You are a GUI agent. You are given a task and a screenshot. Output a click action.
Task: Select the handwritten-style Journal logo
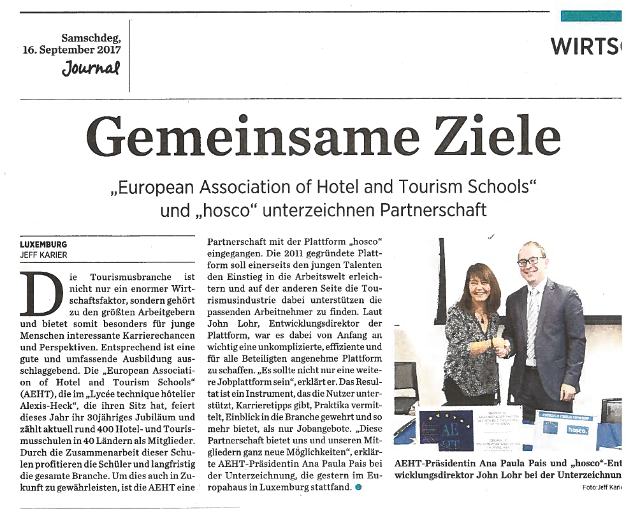(x=91, y=67)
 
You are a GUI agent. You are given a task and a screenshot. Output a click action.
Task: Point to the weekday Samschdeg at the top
(x=91, y=38)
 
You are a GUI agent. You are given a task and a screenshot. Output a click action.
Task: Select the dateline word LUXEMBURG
(x=44, y=244)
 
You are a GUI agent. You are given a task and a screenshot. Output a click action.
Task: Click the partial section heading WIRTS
(x=586, y=47)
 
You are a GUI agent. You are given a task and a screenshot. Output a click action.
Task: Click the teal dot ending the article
(x=358, y=488)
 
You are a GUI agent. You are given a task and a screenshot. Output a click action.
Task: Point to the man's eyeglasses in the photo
(x=530, y=262)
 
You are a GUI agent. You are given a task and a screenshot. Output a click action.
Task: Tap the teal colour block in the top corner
(x=591, y=15)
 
